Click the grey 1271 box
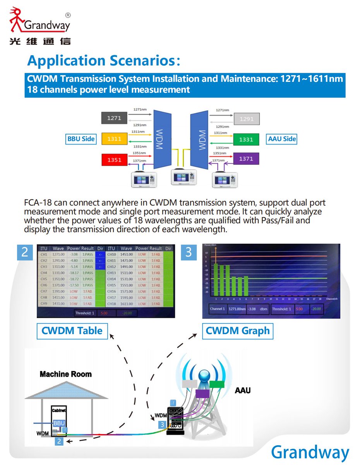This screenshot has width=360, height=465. point(114,118)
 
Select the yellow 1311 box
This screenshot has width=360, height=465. point(114,139)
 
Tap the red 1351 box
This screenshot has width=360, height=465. point(114,159)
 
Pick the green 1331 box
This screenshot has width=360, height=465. point(246,139)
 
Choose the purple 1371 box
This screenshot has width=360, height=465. point(246,159)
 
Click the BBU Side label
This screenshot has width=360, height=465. point(81,139)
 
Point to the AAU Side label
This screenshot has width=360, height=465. point(282,139)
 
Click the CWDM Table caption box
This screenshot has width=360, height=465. point(72,331)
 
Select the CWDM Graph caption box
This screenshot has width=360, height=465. point(237,331)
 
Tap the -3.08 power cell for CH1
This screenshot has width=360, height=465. point(73,255)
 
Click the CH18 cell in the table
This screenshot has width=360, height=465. point(111,303)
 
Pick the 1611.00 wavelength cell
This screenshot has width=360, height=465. point(126,303)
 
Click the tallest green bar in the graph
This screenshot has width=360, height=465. point(216,279)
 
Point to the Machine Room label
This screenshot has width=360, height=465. point(66,374)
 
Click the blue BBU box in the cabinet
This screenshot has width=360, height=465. point(59,423)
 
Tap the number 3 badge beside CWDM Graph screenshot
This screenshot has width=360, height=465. point(189,252)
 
